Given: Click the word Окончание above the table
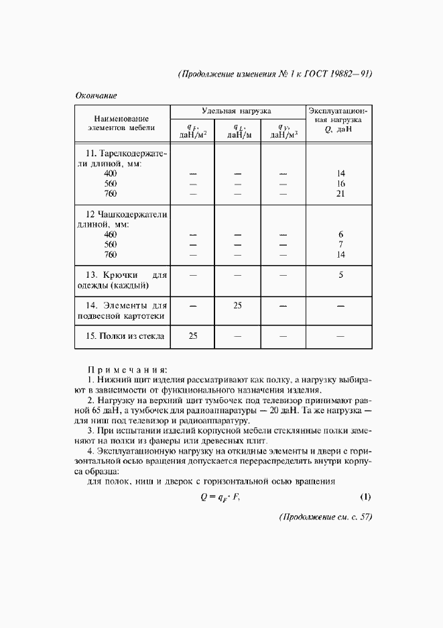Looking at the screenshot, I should [x=95, y=95].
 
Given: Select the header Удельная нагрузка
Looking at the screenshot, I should [x=237, y=111].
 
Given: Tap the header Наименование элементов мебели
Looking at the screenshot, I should [x=121, y=121].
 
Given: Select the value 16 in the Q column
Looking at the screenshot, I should [x=340, y=183].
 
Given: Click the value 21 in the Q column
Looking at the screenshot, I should [x=340, y=194].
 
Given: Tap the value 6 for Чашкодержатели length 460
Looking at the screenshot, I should [x=340, y=234].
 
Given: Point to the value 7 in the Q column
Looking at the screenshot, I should [x=340, y=244].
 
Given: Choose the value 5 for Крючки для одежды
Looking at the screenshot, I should [x=340, y=274].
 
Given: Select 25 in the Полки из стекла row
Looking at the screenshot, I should [x=192, y=336].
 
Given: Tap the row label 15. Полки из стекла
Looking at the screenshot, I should [x=125, y=336].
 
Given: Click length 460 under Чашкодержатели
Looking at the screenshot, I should [x=111, y=234].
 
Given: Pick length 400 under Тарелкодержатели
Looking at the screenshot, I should [x=111, y=173].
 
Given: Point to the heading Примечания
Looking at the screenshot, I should [x=127, y=369].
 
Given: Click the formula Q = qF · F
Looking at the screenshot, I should [x=220, y=497].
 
